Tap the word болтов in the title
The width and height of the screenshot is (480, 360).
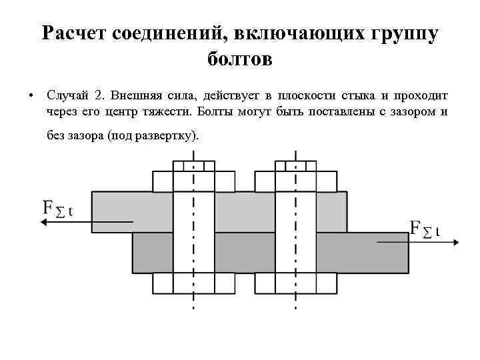click(240, 61)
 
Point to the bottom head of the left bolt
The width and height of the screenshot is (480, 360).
click(194, 283)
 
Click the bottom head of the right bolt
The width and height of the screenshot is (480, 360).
click(295, 283)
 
